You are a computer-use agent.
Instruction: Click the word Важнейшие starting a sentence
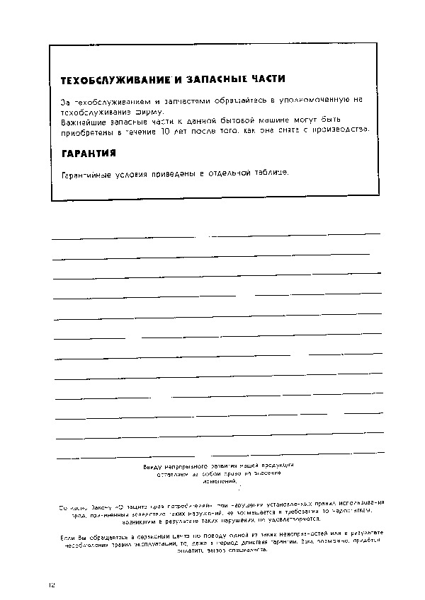click(86, 122)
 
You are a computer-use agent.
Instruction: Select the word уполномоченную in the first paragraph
click(310, 103)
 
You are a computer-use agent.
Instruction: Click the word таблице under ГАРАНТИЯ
click(264, 173)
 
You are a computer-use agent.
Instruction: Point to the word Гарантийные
click(89, 173)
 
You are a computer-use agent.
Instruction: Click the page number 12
click(51, 584)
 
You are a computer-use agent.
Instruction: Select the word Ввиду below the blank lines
click(152, 466)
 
